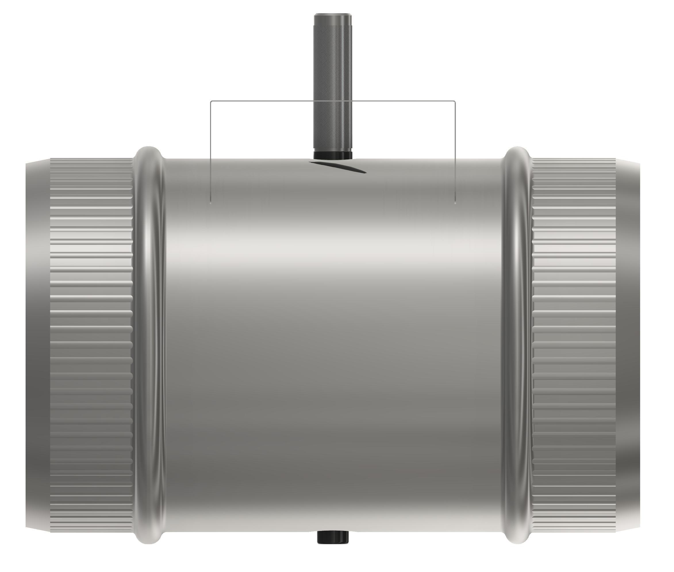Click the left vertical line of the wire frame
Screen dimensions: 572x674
tap(210, 152)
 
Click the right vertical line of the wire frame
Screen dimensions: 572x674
tap(455, 152)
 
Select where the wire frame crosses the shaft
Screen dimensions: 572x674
tap(333, 101)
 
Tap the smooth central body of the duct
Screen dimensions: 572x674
tap(334, 324)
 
